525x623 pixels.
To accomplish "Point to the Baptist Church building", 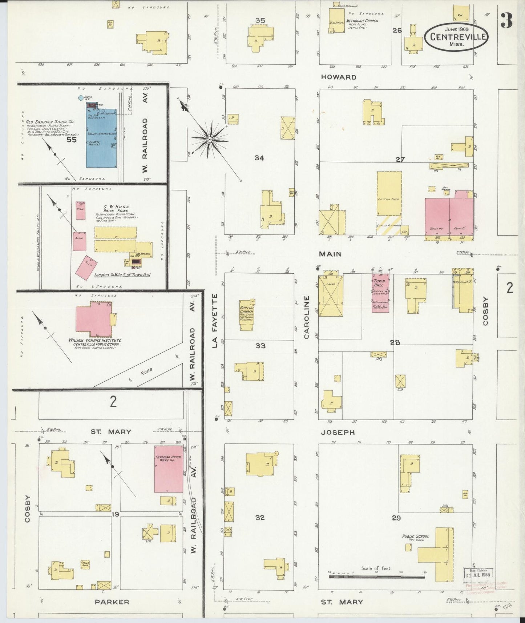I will [x=246, y=315].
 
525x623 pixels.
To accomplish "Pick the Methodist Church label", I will [x=362, y=21].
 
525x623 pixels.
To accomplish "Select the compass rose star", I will [x=210, y=139].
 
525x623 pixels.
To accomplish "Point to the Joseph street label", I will [x=338, y=433].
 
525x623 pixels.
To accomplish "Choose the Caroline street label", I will [x=307, y=317].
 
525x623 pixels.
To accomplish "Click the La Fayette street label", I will [x=215, y=321].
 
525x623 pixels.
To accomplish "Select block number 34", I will [x=259, y=158].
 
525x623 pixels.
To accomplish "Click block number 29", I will [x=396, y=518].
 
